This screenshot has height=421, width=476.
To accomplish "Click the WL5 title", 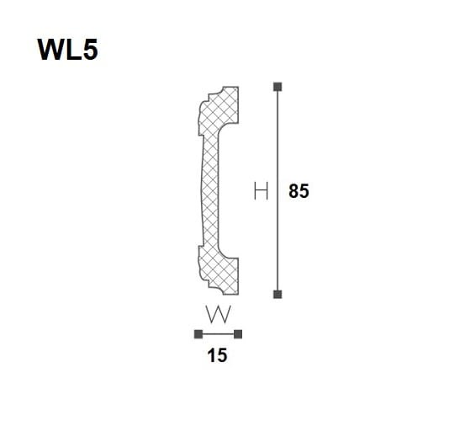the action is click(67, 50).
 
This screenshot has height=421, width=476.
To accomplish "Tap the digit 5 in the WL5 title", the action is click(90, 50).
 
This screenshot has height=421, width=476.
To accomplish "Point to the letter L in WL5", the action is click(74, 50).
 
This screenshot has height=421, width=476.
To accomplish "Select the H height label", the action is click(261, 191).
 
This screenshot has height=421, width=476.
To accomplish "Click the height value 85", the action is click(299, 191).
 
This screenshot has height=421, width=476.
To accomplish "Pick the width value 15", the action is click(217, 355).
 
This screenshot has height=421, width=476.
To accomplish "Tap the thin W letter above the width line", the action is click(219, 314).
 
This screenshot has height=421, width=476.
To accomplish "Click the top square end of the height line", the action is click(278, 87).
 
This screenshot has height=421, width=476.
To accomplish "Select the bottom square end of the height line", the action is click(278, 294).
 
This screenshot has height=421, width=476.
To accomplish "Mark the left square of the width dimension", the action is click(198, 334).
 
